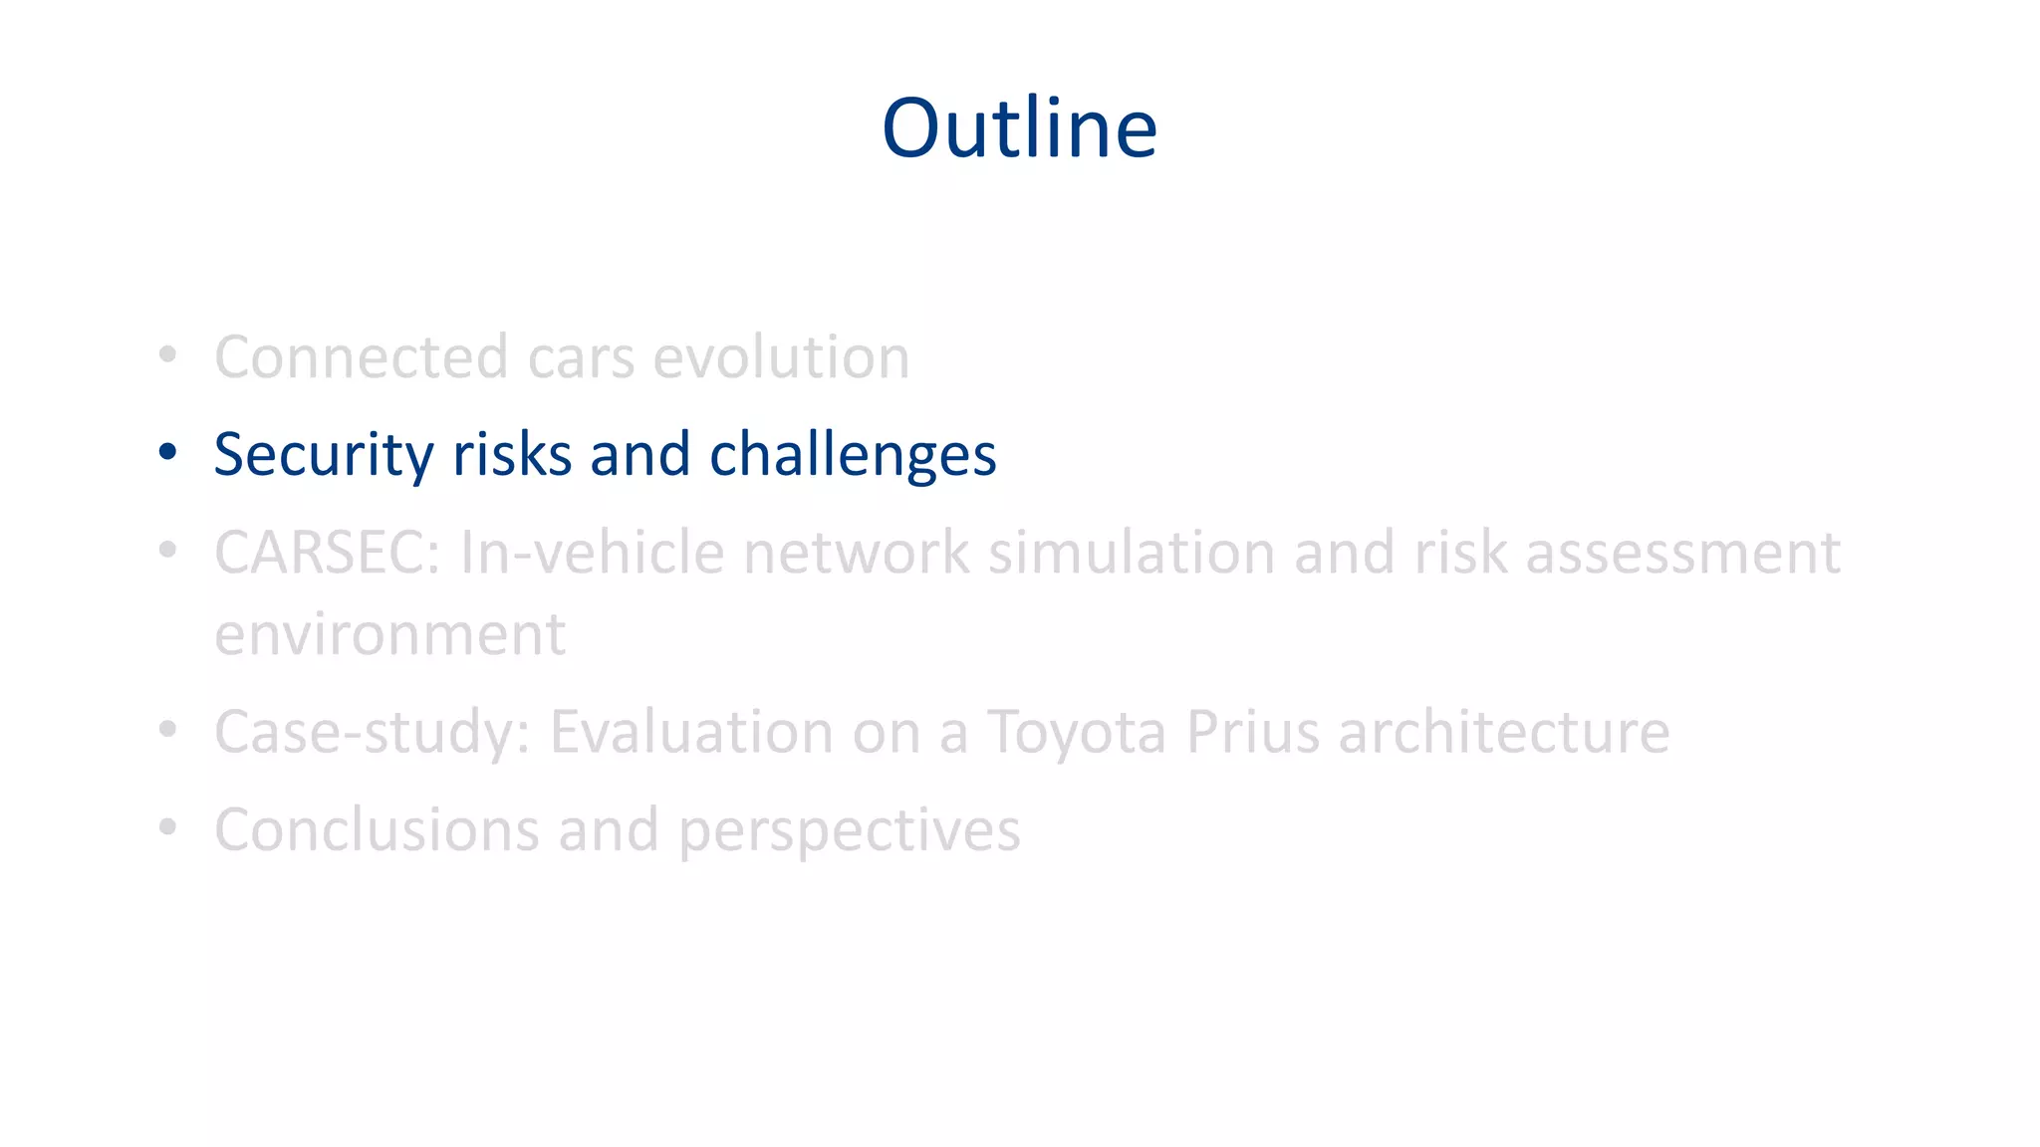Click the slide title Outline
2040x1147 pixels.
pos(1019,128)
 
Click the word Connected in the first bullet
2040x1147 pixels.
pos(361,357)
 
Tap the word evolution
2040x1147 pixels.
pos(781,357)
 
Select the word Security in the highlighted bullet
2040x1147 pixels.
pos(323,455)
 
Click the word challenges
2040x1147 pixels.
pos(853,455)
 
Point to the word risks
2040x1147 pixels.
pos(511,455)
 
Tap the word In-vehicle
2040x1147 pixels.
pos(592,553)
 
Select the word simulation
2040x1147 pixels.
pos(1131,553)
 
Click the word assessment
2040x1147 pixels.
pos(1682,553)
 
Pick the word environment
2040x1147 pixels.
pos(389,634)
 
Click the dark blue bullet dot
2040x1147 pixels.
pos(167,452)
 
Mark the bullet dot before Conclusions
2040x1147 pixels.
pos(167,826)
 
